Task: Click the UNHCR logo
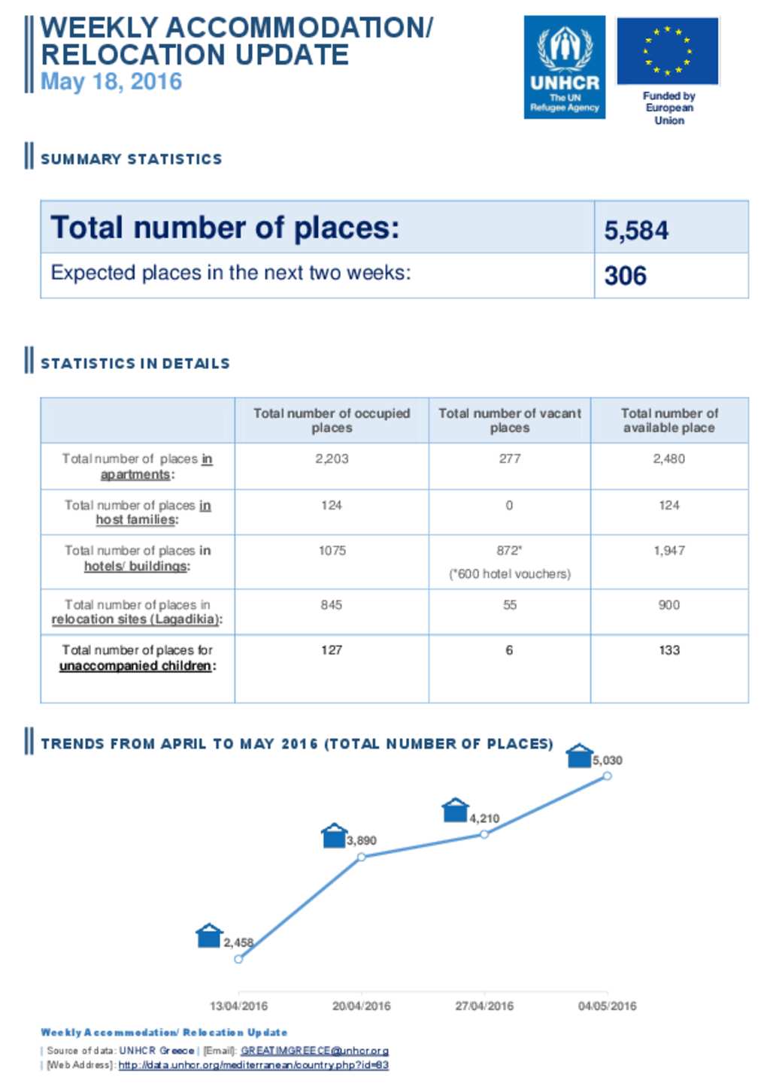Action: pos(564,67)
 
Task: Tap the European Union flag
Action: pos(667,51)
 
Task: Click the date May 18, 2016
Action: pos(111,81)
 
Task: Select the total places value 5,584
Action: pos(636,230)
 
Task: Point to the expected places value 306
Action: pos(625,275)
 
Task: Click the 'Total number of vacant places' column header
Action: pos(509,420)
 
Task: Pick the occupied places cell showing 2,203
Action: pos(332,458)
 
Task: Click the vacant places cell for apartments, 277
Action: pos(509,458)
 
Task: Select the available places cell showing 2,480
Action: pos(668,458)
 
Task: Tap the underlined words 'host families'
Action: pos(136,520)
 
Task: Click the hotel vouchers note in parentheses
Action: pos(509,574)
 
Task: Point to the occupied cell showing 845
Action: pos(332,605)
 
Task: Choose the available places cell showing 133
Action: pos(668,650)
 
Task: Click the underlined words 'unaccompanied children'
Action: pos(135,666)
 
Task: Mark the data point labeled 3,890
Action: pos(362,857)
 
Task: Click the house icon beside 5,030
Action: pos(579,755)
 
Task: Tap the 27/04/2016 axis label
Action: pos(484,1006)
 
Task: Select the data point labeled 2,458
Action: pos(238,959)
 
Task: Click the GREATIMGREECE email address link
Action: pos(314,1051)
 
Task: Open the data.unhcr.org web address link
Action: pos(253,1065)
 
